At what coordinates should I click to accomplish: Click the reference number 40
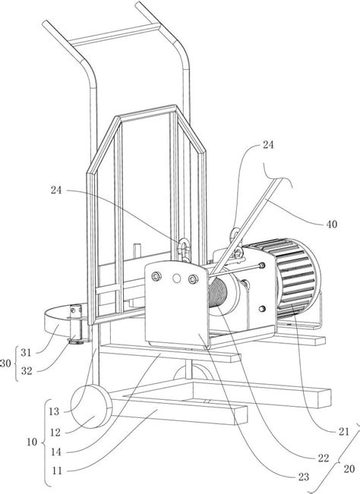[x=331, y=225]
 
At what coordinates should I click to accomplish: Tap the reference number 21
[x=343, y=431]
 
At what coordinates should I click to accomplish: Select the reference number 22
[x=324, y=458]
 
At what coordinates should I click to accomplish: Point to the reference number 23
[x=304, y=477]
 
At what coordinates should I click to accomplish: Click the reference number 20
[x=349, y=469]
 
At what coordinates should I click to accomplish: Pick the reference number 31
[x=26, y=353]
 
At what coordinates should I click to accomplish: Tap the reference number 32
[x=27, y=371]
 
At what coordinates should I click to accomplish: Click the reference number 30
[x=5, y=363]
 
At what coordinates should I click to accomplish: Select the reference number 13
[x=54, y=411]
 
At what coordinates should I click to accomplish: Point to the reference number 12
[x=55, y=433]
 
